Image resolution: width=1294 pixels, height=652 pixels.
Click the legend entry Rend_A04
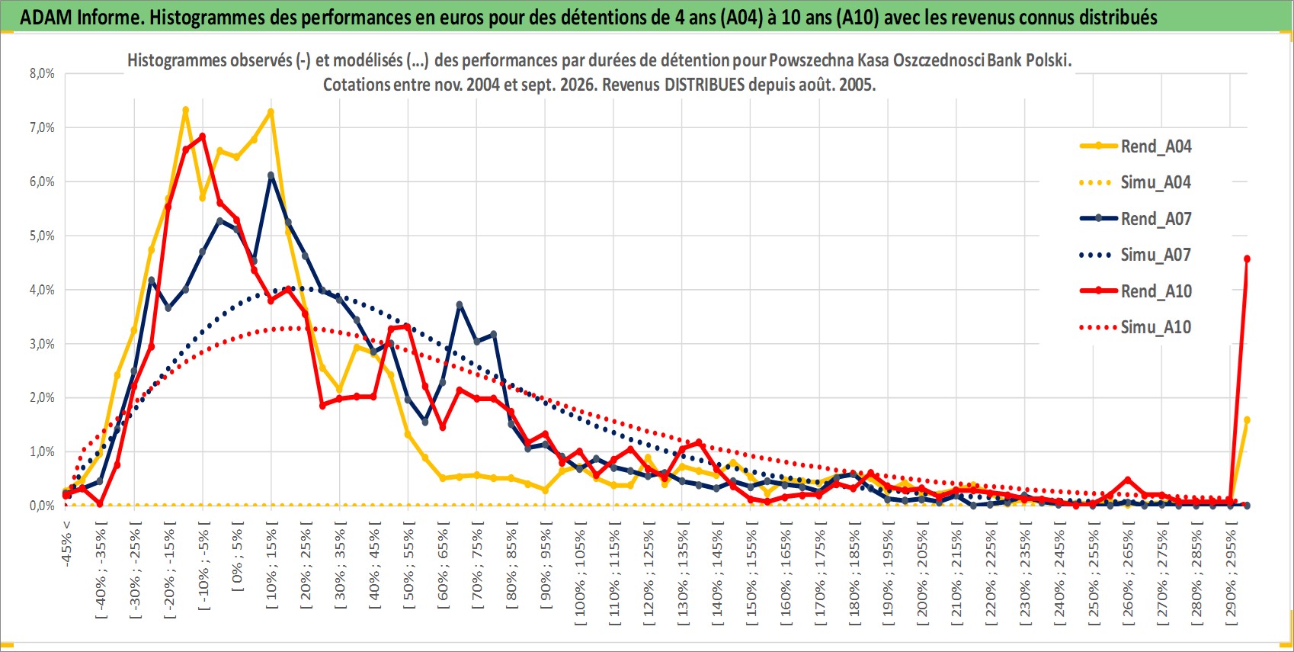[1135, 146]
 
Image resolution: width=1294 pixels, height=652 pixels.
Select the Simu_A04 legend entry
[1135, 183]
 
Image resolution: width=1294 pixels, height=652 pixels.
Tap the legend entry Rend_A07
[1135, 219]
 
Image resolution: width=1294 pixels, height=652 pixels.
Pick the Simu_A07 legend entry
[1135, 255]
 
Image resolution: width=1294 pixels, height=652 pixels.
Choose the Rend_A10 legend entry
[1135, 291]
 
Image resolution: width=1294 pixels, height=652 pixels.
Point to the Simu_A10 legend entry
[1135, 327]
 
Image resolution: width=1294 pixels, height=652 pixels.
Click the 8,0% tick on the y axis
[42, 73]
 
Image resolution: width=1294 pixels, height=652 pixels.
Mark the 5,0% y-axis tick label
[42, 236]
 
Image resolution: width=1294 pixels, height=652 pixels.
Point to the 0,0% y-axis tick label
[42, 506]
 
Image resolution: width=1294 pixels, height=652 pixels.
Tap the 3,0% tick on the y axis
[42, 344]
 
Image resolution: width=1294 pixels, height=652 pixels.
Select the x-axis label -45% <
[66, 544]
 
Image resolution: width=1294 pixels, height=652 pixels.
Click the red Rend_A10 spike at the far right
[1247, 259]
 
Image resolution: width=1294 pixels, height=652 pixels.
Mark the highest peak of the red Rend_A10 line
[202, 137]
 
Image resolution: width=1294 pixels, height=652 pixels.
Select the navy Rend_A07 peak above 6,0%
[271, 175]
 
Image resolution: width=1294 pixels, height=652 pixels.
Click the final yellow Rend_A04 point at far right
[1247, 420]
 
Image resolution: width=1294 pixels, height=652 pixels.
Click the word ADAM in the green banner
[46, 18]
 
